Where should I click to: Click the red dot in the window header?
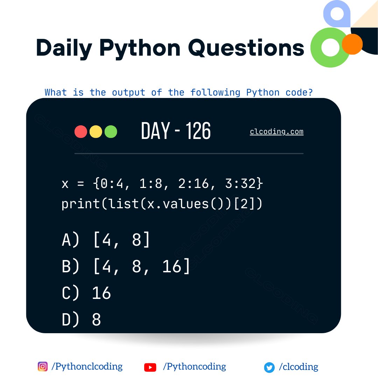(x=81, y=132)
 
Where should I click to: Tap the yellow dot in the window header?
(x=96, y=132)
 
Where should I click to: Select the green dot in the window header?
(x=111, y=132)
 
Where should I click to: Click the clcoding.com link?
(x=276, y=132)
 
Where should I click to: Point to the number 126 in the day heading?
(x=198, y=132)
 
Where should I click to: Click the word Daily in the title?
(x=63, y=48)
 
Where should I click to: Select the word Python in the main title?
(x=140, y=48)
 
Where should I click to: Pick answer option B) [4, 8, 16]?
(x=126, y=266)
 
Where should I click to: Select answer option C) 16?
(x=86, y=293)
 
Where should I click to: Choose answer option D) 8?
(x=82, y=320)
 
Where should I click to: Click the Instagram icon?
(x=42, y=366)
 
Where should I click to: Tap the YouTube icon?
(x=150, y=367)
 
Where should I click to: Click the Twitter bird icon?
(x=269, y=367)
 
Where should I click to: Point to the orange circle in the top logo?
(x=352, y=44)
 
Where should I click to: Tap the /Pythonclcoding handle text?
(x=87, y=366)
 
